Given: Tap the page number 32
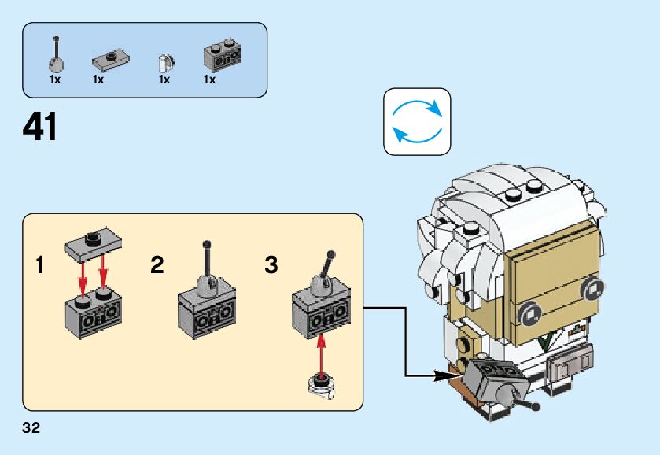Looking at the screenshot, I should (31, 428).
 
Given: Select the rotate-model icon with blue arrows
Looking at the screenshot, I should (417, 121).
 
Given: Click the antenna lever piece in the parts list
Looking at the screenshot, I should (57, 55).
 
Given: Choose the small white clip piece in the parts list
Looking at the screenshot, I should (164, 61).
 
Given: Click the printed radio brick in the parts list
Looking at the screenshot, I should (222, 55).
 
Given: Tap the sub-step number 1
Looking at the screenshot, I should (40, 265).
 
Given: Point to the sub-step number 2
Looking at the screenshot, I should (157, 265).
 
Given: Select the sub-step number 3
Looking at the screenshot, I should (271, 265).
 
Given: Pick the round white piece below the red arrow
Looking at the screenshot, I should (320, 385).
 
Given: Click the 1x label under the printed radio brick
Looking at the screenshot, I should (210, 80).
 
